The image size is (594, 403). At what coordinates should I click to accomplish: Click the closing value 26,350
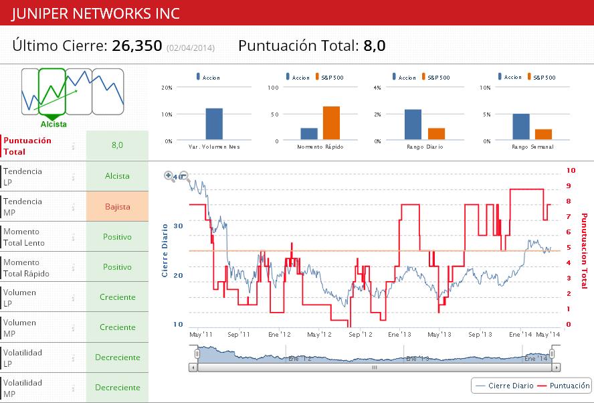tap(136, 46)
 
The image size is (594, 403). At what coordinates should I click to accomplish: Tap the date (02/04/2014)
tap(191, 48)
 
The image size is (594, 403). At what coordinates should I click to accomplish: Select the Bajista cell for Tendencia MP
tap(117, 206)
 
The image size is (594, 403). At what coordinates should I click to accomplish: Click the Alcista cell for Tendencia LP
tap(117, 176)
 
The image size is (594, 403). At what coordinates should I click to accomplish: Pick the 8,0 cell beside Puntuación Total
tap(117, 145)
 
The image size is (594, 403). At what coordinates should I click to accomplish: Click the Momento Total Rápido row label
tap(27, 267)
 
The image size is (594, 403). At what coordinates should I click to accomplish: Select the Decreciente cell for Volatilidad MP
tap(117, 388)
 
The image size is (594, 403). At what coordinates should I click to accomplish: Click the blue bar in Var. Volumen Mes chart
tap(214, 124)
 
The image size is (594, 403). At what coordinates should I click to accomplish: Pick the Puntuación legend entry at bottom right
tap(565, 386)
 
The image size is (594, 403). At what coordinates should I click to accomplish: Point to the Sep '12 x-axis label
tap(360, 334)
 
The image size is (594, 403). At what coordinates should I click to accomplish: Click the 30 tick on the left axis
tap(178, 226)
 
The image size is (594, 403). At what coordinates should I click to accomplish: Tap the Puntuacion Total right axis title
tap(584, 251)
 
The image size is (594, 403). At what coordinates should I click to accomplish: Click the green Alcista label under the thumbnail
tap(54, 124)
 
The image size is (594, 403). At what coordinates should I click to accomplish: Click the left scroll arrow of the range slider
tap(193, 368)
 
